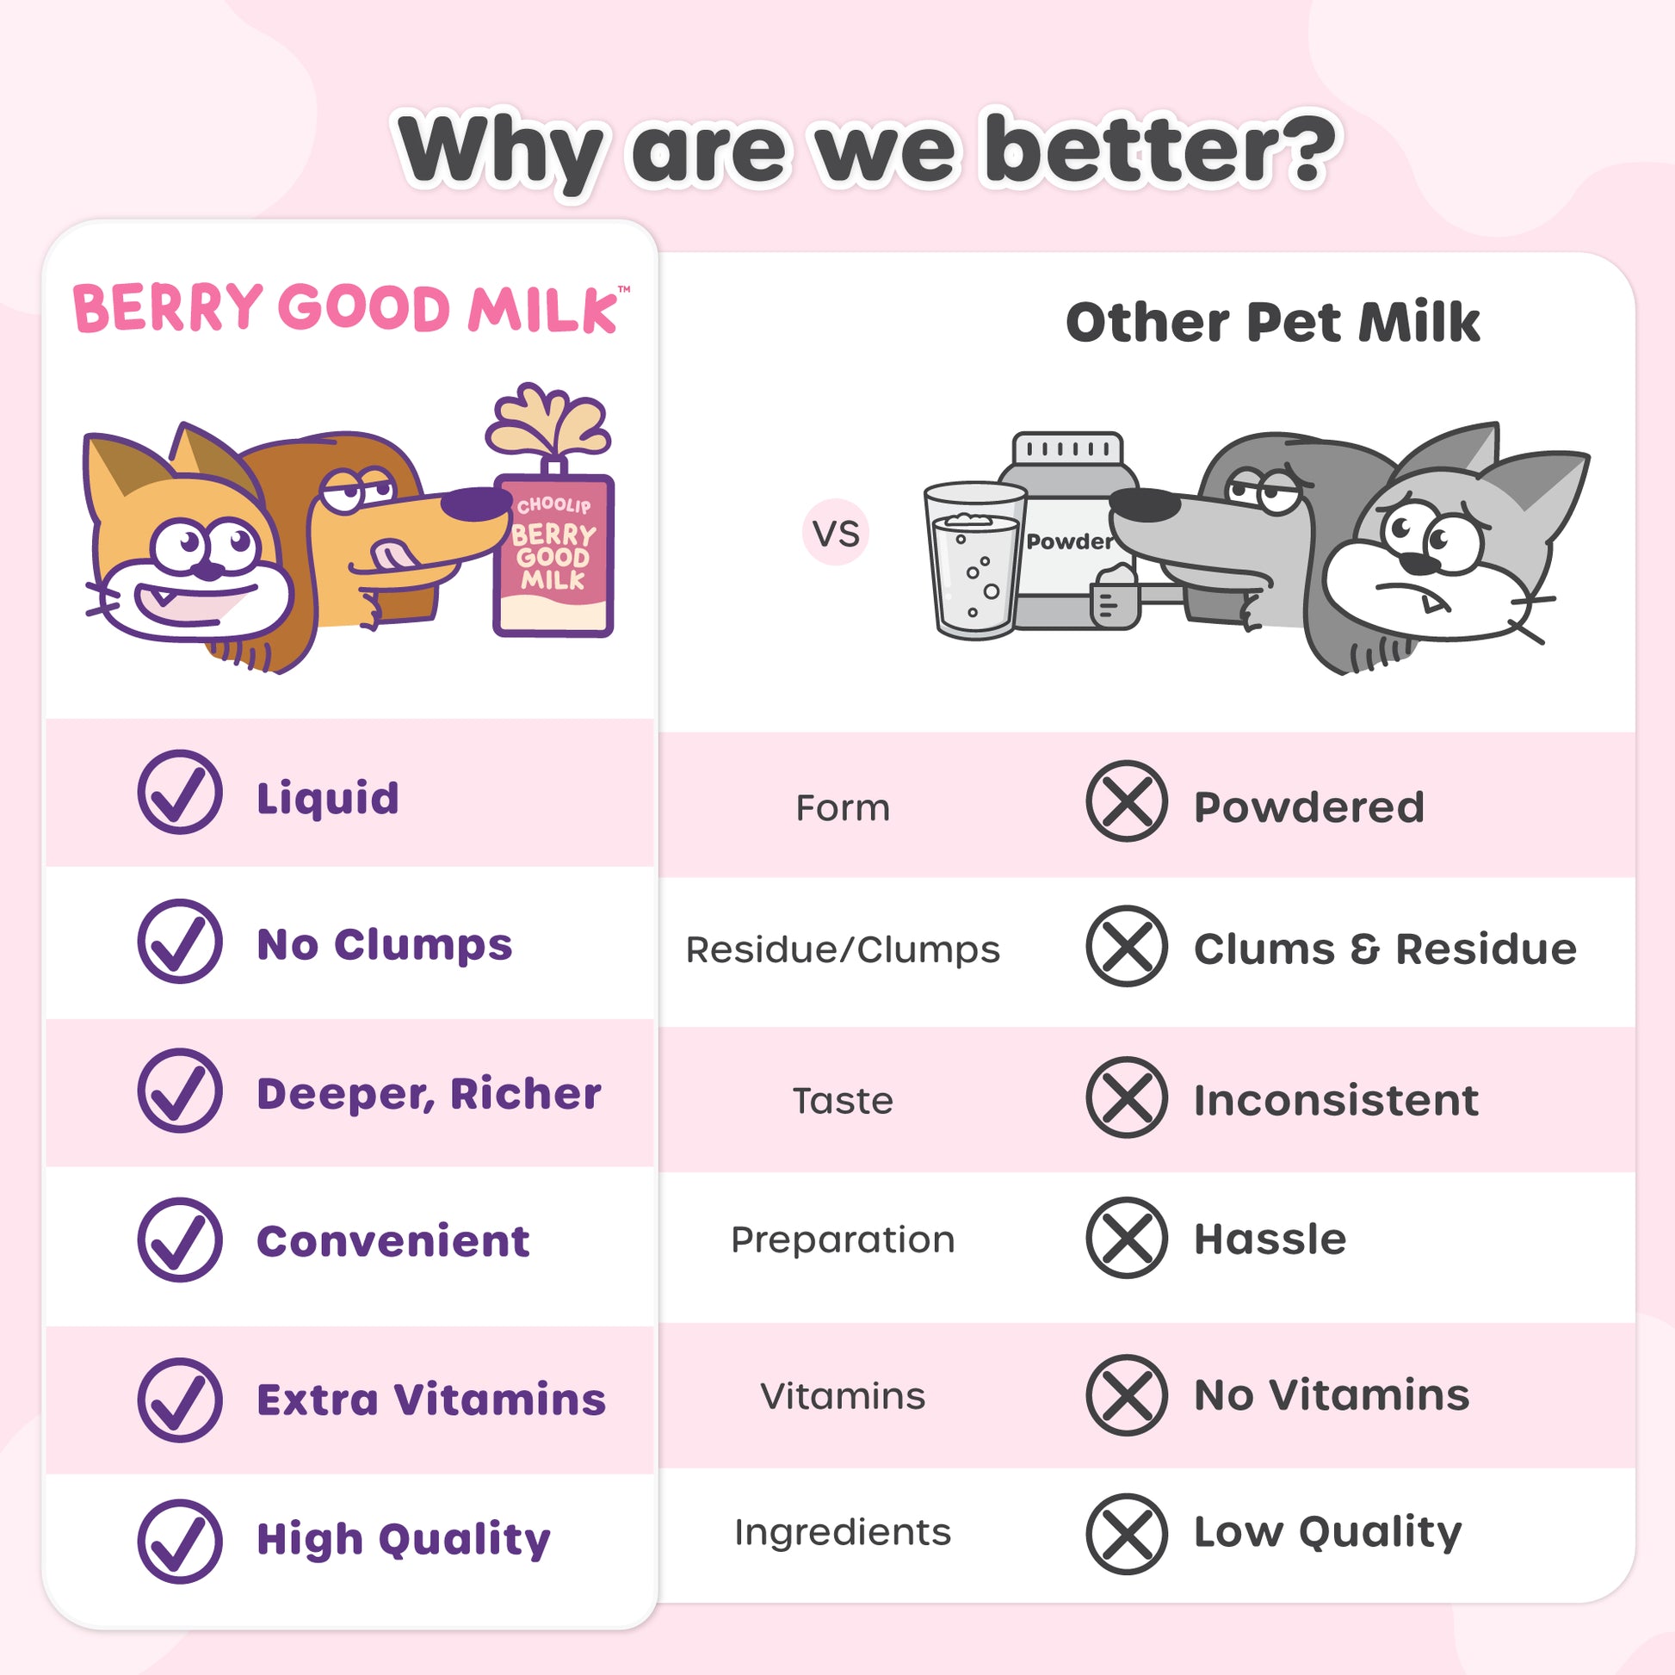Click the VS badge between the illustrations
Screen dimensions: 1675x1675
pos(836,532)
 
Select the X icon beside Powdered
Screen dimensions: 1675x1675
pos(1127,801)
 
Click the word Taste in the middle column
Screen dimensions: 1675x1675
pos(843,1101)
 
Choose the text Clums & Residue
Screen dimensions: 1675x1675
pos(1385,949)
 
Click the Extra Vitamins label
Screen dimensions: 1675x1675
pos(431,1400)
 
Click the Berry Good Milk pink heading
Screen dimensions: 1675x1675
pos(347,309)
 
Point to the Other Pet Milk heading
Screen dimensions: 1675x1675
pos(1273,322)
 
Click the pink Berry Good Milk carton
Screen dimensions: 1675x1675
pos(554,555)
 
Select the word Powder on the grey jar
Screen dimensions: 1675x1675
pos(1069,542)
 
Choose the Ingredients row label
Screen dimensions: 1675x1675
pos(843,1533)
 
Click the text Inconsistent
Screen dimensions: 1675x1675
pos(1336,1100)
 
